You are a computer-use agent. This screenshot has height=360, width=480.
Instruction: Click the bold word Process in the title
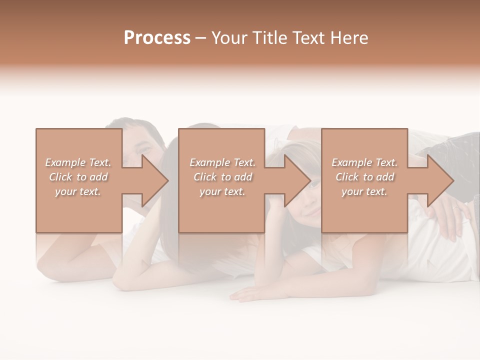click(157, 38)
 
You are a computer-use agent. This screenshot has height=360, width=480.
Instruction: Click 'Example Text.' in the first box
click(78, 162)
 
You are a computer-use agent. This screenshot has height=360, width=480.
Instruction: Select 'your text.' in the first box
click(78, 191)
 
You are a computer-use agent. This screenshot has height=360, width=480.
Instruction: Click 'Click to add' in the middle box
click(222, 177)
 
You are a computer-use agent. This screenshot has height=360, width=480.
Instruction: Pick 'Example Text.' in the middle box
click(222, 162)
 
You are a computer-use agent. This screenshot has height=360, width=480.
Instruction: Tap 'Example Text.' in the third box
click(364, 162)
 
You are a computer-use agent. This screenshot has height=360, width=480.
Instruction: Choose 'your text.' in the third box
click(364, 191)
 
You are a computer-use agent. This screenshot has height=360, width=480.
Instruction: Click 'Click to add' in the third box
click(364, 177)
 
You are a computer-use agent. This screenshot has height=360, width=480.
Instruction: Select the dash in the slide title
click(200, 38)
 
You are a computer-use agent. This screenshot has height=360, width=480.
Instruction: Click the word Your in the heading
click(228, 38)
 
